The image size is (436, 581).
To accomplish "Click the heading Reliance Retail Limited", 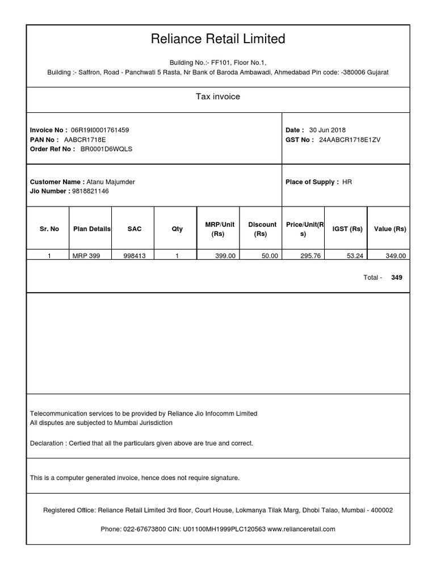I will [x=218, y=39].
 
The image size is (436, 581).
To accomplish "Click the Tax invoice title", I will [x=218, y=97].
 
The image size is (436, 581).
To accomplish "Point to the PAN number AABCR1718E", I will [x=85, y=140].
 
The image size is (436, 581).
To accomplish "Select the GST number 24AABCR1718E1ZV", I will [x=350, y=140].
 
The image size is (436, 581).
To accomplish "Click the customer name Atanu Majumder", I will [x=111, y=182].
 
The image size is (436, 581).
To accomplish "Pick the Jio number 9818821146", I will [x=90, y=191].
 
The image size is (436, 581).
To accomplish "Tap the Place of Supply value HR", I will [x=347, y=182].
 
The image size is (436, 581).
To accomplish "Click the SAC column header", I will [x=135, y=229].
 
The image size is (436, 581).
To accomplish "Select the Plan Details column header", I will [x=91, y=229].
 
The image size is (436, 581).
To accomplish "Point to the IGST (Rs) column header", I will [x=347, y=229].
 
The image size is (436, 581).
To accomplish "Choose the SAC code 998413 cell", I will [x=135, y=256].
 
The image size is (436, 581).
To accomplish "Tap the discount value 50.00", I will [x=270, y=256].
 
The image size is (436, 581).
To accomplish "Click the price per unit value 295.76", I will [x=311, y=256].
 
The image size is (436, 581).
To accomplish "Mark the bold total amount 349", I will [x=397, y=277].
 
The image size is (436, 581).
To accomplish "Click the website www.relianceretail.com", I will [x=301, y=529].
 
